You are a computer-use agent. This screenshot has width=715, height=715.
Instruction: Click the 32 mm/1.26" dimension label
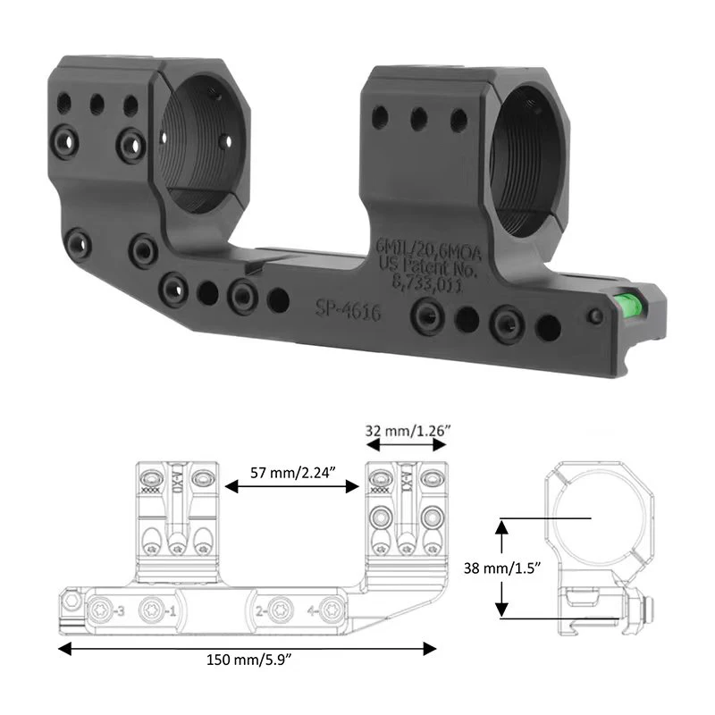click(408, 430)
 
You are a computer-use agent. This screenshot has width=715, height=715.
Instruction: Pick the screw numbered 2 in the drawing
click(277, 610)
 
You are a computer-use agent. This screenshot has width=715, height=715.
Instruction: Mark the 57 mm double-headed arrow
click(291, 487)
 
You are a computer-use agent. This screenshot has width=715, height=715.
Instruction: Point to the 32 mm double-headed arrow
click(408, 444)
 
